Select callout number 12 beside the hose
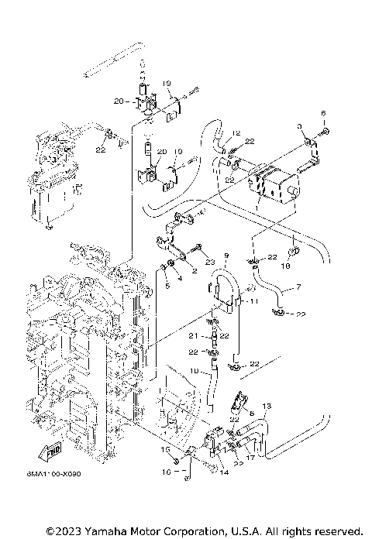tap(237, 133)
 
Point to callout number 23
tap(209, 263)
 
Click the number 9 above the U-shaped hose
tap(226, 256)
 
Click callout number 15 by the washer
tap(164, 449)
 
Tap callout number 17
tap(250, 458)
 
